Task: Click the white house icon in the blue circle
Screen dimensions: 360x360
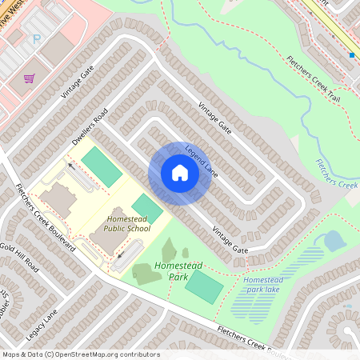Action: click(x=180, y=173)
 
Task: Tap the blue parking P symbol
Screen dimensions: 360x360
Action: click(x=36, y=38)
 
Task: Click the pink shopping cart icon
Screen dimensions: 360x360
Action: click(x=30, y=78)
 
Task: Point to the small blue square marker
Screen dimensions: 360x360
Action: click(x=351, y=55)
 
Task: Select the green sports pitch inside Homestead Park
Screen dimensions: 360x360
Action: click(x=204, y=286)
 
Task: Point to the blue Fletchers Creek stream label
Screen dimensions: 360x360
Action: click(x=337, y=176)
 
